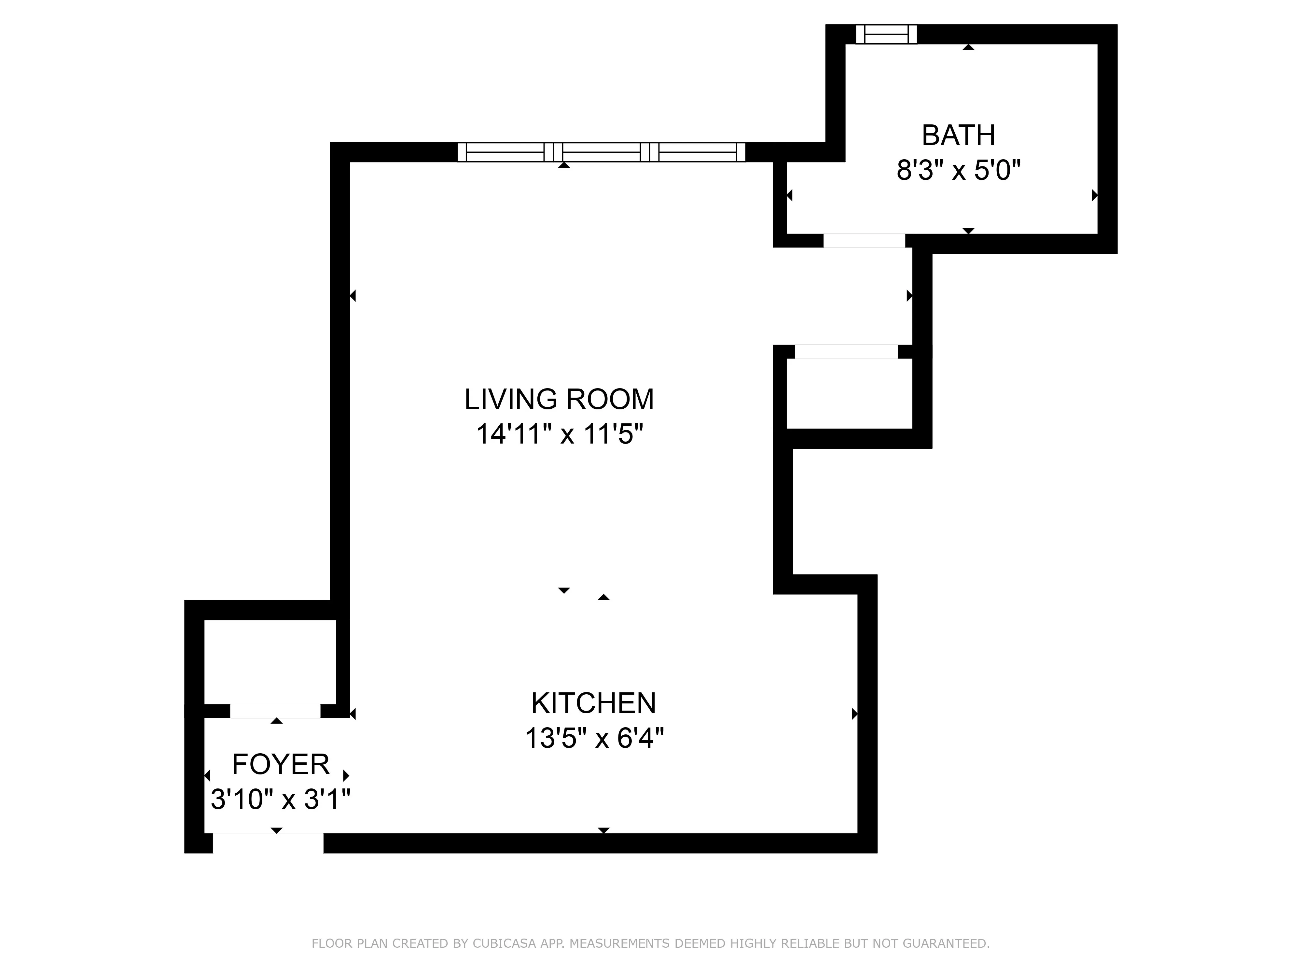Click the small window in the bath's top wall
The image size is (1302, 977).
coord(886,34)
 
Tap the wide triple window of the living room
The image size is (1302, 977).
coord(601,152)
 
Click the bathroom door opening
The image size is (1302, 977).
coord(864,240)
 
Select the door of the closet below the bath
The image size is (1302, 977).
coord(846,352)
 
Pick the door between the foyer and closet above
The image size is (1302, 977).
coord(275,711)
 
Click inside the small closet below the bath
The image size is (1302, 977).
coord(849,393)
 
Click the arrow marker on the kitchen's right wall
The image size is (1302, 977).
coord(854,714)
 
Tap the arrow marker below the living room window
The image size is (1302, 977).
coord(564,165)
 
